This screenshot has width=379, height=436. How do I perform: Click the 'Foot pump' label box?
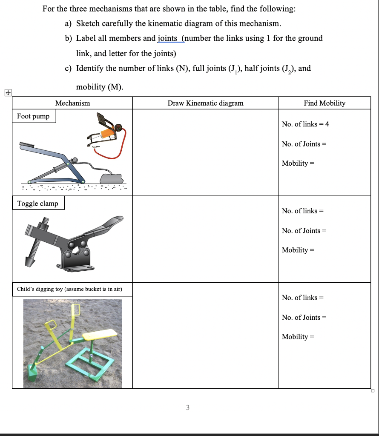[33, 116]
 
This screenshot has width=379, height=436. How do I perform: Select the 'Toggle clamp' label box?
[37, 204]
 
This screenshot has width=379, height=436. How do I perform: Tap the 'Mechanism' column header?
[72, 103]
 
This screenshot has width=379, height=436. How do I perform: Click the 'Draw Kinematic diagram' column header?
[205, 103]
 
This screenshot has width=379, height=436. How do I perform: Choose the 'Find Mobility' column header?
[324, 103]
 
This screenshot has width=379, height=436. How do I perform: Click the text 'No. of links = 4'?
[305, 124]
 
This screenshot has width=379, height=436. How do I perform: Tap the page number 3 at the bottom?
[188, 408]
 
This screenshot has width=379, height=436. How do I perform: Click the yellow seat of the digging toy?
[100, 336]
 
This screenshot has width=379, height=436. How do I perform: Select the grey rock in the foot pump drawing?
[111, 177]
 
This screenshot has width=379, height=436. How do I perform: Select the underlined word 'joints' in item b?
[169, 38]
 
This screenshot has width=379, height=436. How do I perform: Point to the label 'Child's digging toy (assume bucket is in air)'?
[69, 289]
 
